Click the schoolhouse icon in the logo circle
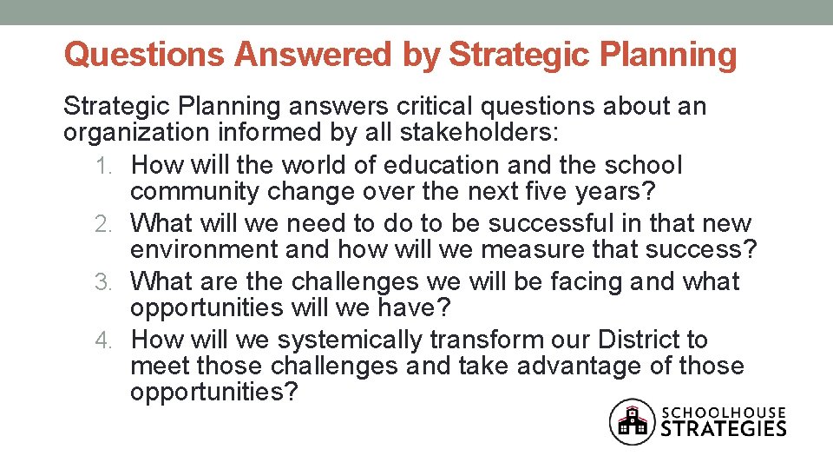pos(632,421)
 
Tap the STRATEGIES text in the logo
pos(725,428)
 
